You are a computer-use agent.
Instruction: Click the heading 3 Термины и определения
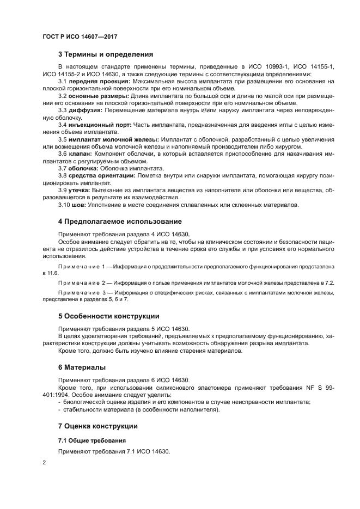[105, 54]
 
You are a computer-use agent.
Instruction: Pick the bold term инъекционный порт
[100, 125]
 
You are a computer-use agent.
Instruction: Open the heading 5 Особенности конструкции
[109, 316]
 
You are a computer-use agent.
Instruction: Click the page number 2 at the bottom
[44, 462]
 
